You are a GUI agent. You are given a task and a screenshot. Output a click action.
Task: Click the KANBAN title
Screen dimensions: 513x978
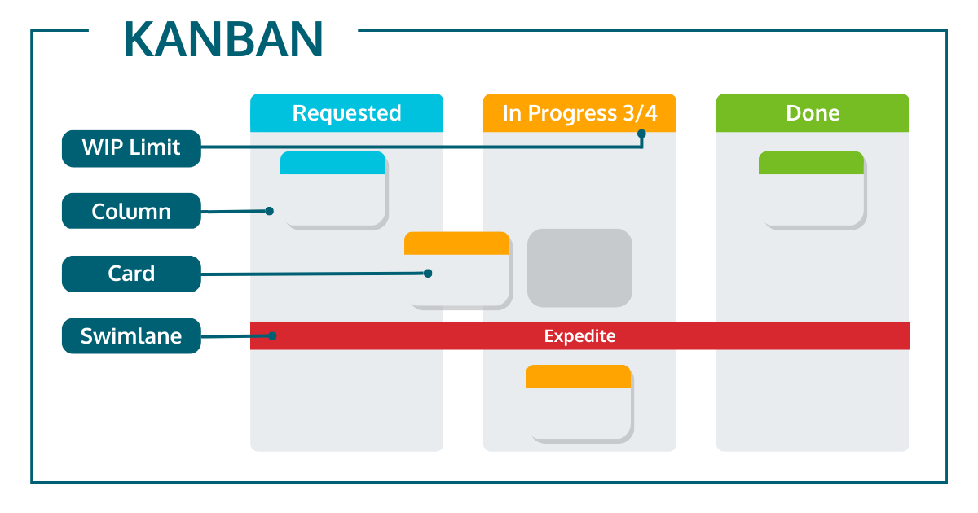click(223, 39)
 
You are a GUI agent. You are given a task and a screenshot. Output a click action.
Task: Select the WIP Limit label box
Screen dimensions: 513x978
click(131, 148)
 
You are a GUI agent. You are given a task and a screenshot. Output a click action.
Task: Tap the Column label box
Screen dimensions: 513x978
click(131, 211)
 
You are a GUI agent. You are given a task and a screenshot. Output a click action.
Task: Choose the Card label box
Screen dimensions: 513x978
click(131, 274)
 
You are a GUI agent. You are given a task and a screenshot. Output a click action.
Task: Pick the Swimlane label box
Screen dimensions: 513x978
click(131, 335)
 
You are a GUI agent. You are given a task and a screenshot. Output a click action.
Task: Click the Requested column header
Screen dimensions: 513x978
click(346, 113)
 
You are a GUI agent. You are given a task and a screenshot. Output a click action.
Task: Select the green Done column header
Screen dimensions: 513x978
click(813, 113)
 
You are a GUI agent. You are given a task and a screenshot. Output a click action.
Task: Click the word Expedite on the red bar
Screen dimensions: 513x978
click(579, 335)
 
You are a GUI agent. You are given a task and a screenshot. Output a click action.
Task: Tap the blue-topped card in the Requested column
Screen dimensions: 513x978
click(333, 188)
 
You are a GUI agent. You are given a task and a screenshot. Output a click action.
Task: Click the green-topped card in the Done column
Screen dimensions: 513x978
click(812, 188)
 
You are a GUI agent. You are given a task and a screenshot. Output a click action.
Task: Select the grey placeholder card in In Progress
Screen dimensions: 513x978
click(579, 268)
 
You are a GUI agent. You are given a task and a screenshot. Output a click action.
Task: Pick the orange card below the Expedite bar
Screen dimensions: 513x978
click(579, 402)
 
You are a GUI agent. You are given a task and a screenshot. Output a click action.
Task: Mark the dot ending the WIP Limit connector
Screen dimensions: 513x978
click(641, 134)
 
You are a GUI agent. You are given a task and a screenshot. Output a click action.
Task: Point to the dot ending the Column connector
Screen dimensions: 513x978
click(269, 211)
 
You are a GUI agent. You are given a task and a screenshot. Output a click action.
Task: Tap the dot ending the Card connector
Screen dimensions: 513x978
click(427, 274)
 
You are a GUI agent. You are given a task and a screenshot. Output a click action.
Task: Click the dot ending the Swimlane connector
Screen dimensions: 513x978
click(274, 335)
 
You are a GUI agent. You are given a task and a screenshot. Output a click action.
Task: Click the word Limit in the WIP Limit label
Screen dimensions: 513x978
click(153, 148)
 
